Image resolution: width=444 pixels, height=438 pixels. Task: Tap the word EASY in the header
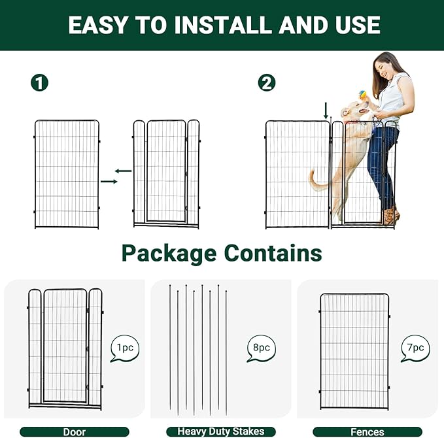(99, 25)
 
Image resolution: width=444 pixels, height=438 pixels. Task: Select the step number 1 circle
(41, 83)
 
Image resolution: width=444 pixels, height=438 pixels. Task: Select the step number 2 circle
(267, 83)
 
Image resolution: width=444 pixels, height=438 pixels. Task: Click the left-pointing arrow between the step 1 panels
(123, 171)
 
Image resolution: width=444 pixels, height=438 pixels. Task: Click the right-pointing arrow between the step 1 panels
(109, 181)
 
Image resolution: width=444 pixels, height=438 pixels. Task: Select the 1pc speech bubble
(124, 348)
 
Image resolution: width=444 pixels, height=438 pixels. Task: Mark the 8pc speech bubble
(261, 348)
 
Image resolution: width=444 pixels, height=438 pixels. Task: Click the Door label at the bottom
(75, 431)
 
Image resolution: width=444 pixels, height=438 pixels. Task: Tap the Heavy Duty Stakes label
(221, 431)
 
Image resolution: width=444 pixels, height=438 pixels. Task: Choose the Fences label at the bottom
(367, 431)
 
